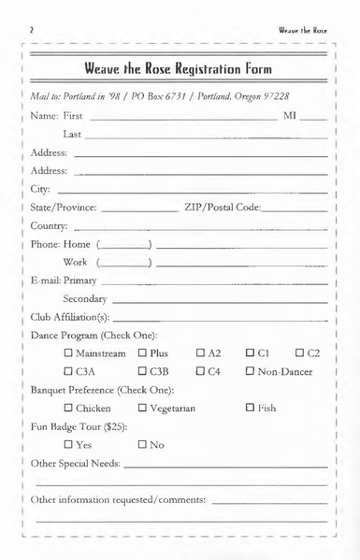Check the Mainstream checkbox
(x=69, y=354)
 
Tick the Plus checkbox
(x=143, y=354)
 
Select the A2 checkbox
(x=201, y=354)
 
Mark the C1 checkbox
(x=251, y=354)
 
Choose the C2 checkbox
(x=300, y=354)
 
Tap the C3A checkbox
(x=69, y=372)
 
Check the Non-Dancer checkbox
(x=251, y=372)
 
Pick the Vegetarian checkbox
(x=143, y=408)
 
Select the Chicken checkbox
(x=69, y=408)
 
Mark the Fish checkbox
(x=251, y=408)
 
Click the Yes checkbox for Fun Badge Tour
(x=69, y=444)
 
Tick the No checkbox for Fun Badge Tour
(x=143, y=444)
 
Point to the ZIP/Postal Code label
(x=222, y=208)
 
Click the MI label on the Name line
(x=290, y=117)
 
